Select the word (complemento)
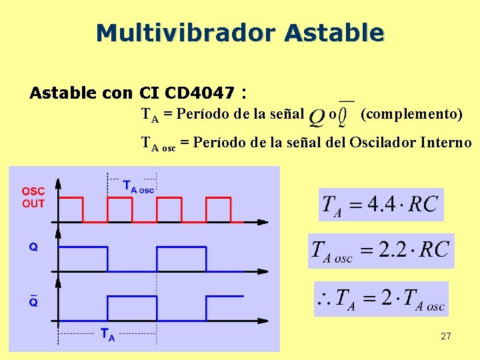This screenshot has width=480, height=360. coord(411,114)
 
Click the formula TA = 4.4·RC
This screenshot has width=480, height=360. coord(381,204)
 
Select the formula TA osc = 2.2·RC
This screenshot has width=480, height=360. coord(381,251)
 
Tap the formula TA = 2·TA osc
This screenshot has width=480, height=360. coord(381,299)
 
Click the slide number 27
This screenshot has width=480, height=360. coord(446,337)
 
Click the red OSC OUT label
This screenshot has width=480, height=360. coord(33,197)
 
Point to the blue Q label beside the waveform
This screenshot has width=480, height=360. coord(33,247)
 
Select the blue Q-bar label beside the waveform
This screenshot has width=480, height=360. coord(33,301)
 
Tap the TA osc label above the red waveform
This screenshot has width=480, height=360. coord(138,186)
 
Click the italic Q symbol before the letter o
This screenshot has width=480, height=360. coord(317,117)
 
